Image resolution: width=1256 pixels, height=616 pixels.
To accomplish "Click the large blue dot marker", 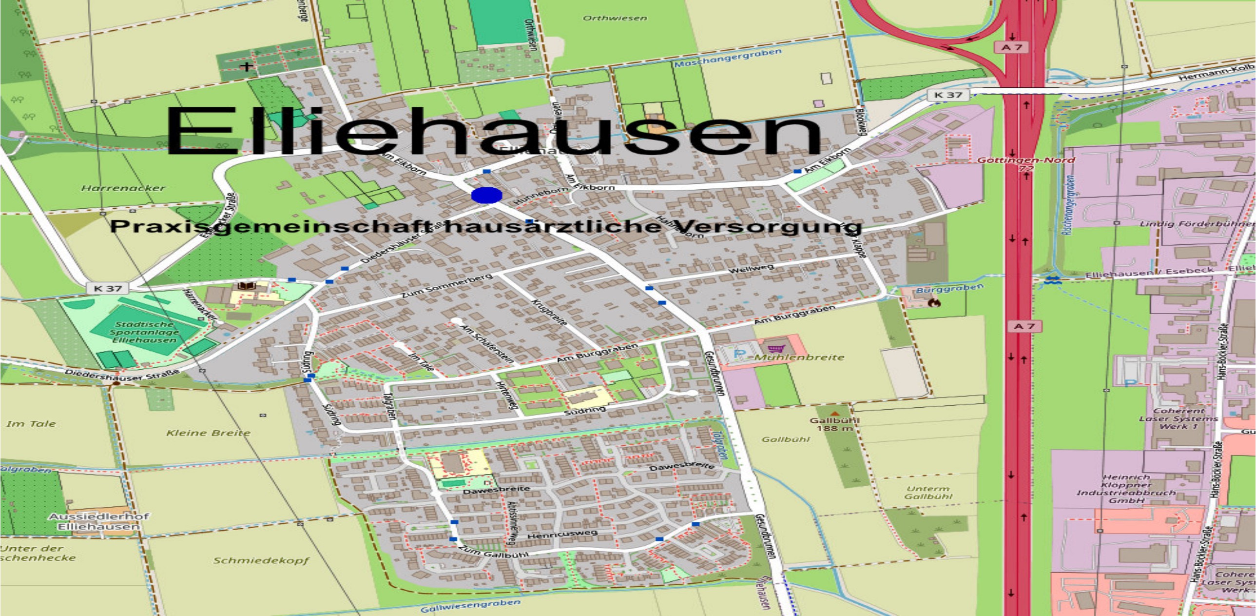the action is pyautogui.click(x=486, y=195).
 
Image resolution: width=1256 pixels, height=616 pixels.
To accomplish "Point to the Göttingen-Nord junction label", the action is pyautogui.click(x=1026, y=160).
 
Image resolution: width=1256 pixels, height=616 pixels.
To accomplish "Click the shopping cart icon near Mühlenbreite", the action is pyautogui.click(x=774, y=348).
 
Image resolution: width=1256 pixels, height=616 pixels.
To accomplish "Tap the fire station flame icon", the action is pyautogui.click(x=935, y=303).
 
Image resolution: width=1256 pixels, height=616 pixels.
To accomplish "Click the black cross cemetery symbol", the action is pyautogui.click(x=248, y=66).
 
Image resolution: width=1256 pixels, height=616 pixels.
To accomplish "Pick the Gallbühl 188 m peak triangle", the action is pyautogui.click(x=835, y=413).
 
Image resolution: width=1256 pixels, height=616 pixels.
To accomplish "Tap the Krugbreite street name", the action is pyautogui.click(x=549, y=313).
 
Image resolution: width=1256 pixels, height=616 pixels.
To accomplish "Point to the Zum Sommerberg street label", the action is pyautogui.click(x=446, y=286).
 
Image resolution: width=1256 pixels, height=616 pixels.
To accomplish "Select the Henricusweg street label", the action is pyautogui.click(x=562, y=535).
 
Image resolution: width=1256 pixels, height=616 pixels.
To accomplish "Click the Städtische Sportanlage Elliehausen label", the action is pyautogui.click(x=144, y=332).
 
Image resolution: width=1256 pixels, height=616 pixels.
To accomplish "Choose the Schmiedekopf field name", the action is pyautogui.click(x=261, y=560).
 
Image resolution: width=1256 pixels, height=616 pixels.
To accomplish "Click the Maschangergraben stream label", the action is pyautogui.click(x=728, y=58).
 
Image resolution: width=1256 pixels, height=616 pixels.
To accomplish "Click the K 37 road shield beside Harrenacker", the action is pyautogui.click(x=108, y=288).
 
